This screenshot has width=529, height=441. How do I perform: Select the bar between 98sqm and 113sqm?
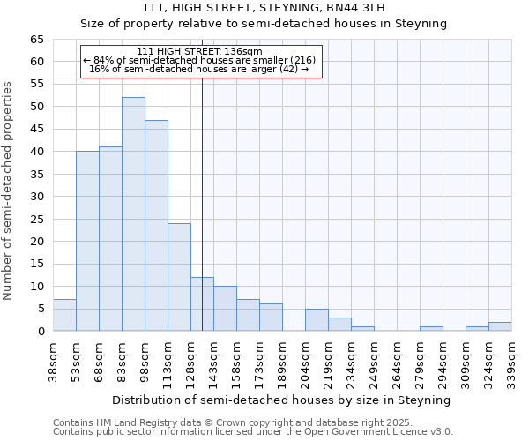point(156,226)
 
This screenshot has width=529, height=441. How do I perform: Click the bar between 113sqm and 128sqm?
point(179,277)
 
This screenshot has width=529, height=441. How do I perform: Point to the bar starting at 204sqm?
point(317,320)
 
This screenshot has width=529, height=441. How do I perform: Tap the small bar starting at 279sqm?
point(431,329)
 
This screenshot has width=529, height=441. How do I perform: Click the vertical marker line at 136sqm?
point(202,220)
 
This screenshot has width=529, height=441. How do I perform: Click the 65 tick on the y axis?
point(36,40)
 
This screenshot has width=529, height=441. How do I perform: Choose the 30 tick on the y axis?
point(36,197)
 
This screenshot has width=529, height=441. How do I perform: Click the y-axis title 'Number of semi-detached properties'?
point(8,190)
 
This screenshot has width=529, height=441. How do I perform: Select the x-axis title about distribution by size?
point(281,400)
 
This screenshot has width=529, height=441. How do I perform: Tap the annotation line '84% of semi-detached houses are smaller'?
point(199,60)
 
